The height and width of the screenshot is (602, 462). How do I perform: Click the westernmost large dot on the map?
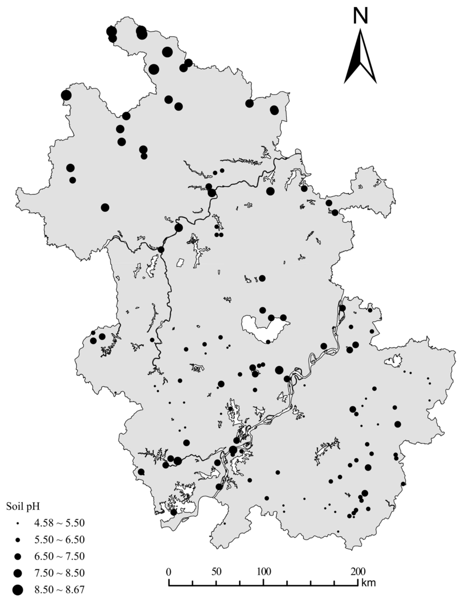[66, 95]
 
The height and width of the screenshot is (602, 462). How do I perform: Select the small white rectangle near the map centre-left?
[180, 262]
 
